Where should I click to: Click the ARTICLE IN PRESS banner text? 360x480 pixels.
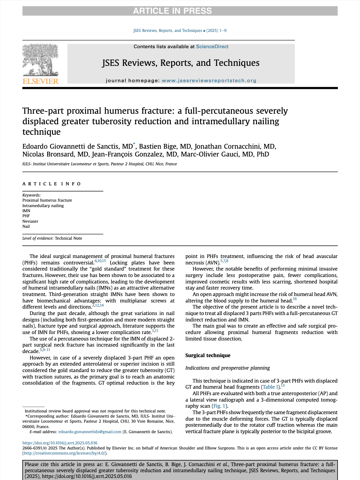point(172,11)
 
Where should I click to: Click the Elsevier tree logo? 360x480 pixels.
point(40,60)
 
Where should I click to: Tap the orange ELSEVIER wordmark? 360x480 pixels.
point(40,81)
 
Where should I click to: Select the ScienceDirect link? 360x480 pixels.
point(212,47)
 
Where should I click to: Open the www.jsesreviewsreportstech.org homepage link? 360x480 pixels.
point(209,80)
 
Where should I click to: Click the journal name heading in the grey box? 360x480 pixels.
point(181,63)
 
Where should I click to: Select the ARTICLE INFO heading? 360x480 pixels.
point(52,184)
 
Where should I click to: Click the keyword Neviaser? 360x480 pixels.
point(30,221)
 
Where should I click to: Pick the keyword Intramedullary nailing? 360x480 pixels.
point(43,206)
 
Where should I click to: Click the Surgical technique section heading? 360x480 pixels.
point(208,355)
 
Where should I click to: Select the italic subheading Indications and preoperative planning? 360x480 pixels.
point(227,368)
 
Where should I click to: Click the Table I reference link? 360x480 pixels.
point(270,387)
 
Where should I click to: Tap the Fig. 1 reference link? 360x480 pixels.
point(219,406)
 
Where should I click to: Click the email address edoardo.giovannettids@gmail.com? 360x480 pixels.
point(90,432)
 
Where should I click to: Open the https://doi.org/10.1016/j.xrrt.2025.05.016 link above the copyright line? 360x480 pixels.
point(60,443)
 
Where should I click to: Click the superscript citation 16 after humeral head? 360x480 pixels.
point(295,299)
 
